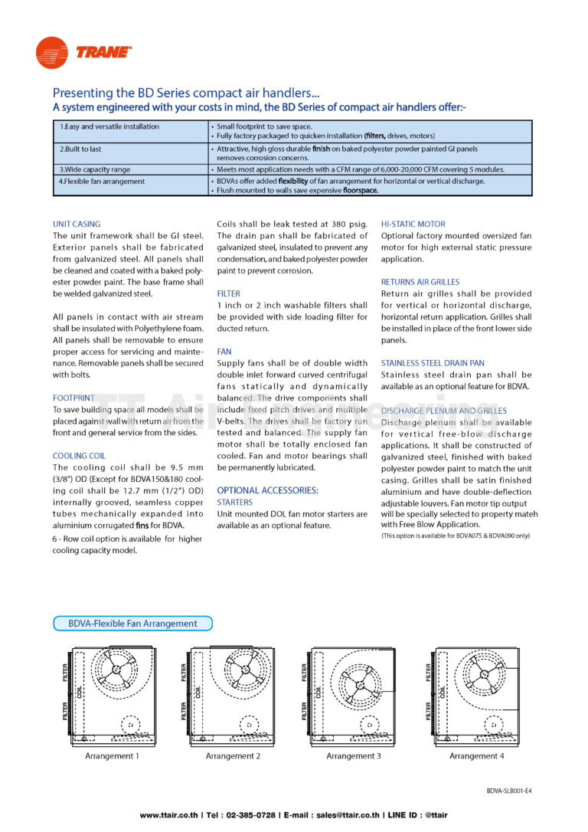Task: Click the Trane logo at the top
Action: pyautogui.click(x=83, y=52)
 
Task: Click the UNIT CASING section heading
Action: pyautogui.click(x=77, y=224)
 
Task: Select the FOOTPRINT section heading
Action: pyautogui.click(x=73, y=398)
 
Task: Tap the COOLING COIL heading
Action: pyautogui.click(x=80, y=456)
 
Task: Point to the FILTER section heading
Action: pyautogui.click(x=228, y=293)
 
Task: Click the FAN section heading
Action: pyautogui.click(x=224, y=352)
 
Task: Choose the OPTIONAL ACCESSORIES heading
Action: pyautogui.click(x=267, y=490)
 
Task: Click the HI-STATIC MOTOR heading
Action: pyautogui.click(x=413, y=224)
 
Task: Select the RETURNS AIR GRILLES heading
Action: pyautogui.click(x=420, y=282)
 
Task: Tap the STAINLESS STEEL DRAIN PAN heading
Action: pyautogui.click(x=433, y=363)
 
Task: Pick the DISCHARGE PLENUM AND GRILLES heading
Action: pyautogui.click(x=443, y=411)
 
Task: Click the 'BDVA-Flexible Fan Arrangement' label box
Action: pyautogui.click(x=132, y=624)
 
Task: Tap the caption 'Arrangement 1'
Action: pyautogui.click(x=112, y=756)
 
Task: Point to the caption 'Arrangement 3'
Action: pyautogui.click(x=354, y=756)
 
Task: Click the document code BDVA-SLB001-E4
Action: pyautogui.click(x=508, y=791)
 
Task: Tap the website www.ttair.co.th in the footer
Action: pyautogui.click(x=169, y=815)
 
